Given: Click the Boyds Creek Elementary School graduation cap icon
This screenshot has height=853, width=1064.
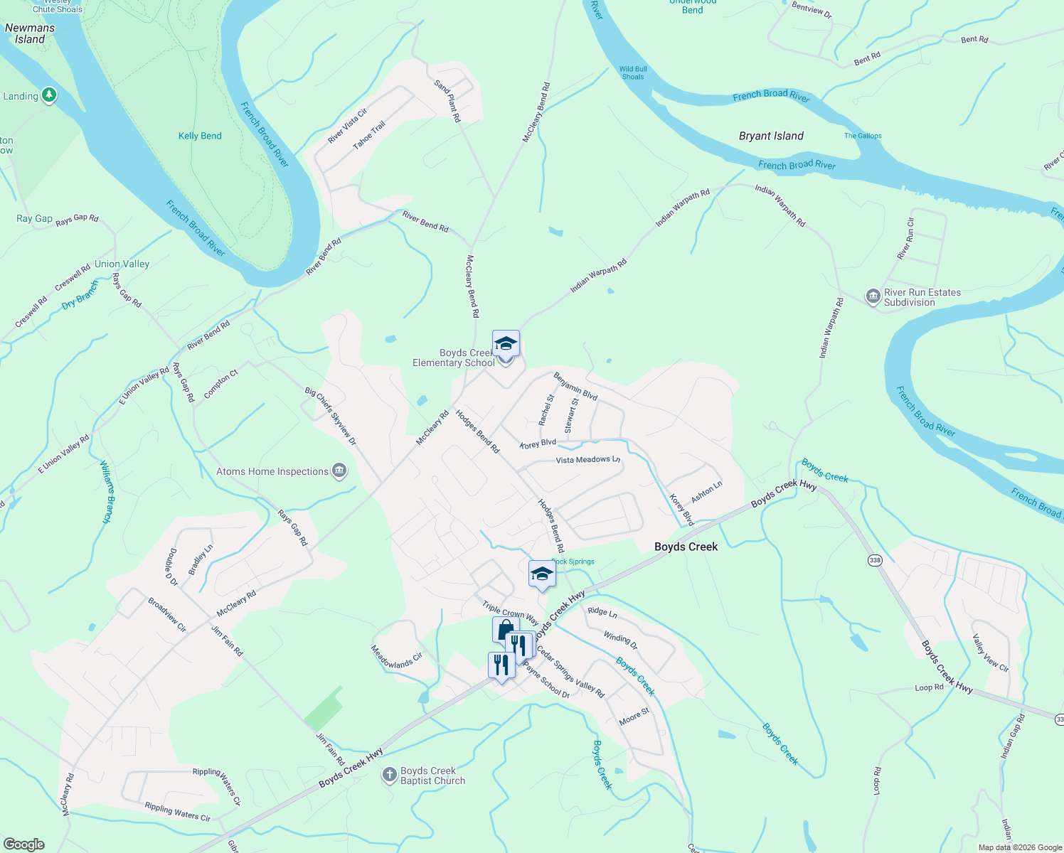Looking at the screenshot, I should (x=506, y=344).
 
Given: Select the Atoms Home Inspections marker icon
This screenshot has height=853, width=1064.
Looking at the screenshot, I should (x=340, y=471).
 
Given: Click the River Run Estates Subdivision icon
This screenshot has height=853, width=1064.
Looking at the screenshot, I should (x=873, y=296).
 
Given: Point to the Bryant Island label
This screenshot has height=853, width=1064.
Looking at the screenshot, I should (x=771, y=136).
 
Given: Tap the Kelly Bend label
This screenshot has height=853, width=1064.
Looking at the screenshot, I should (x=200, y=136).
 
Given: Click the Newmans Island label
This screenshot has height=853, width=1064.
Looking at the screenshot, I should (x=30, y=33).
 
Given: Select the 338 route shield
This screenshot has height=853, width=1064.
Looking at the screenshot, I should (x=874, y=561).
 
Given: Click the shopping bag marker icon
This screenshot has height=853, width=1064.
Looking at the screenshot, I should (x=505, y=630).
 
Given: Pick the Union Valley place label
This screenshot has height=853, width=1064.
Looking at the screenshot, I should (x=122, y=264).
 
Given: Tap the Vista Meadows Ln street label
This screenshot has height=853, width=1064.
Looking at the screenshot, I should (x=587, y=460).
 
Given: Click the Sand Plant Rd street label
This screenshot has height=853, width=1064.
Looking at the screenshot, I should (x=447, y=100).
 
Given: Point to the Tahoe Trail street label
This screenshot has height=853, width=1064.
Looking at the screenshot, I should (x=369, y=135).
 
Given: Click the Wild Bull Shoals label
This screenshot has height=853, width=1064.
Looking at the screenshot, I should (x=633, y=73).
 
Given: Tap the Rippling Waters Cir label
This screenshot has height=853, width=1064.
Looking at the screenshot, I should (x=177, y=811).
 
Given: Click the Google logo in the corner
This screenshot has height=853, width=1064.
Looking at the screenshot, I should (x=23, y=844).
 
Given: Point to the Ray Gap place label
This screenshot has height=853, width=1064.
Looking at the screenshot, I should (x=34, y=218).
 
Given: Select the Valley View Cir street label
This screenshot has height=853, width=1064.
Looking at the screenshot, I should (x=990, y=653).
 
